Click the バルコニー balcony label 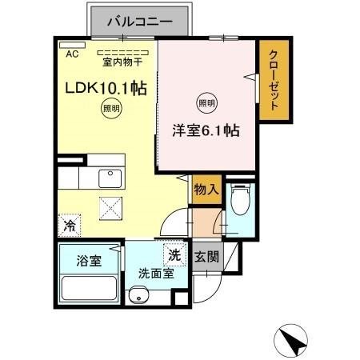139,22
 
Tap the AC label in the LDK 71,54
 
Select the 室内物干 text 119,60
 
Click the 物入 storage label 206,190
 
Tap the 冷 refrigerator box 70,226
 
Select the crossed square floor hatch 110,207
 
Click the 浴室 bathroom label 89,261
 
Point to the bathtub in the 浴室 89,285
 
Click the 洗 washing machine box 175,256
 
